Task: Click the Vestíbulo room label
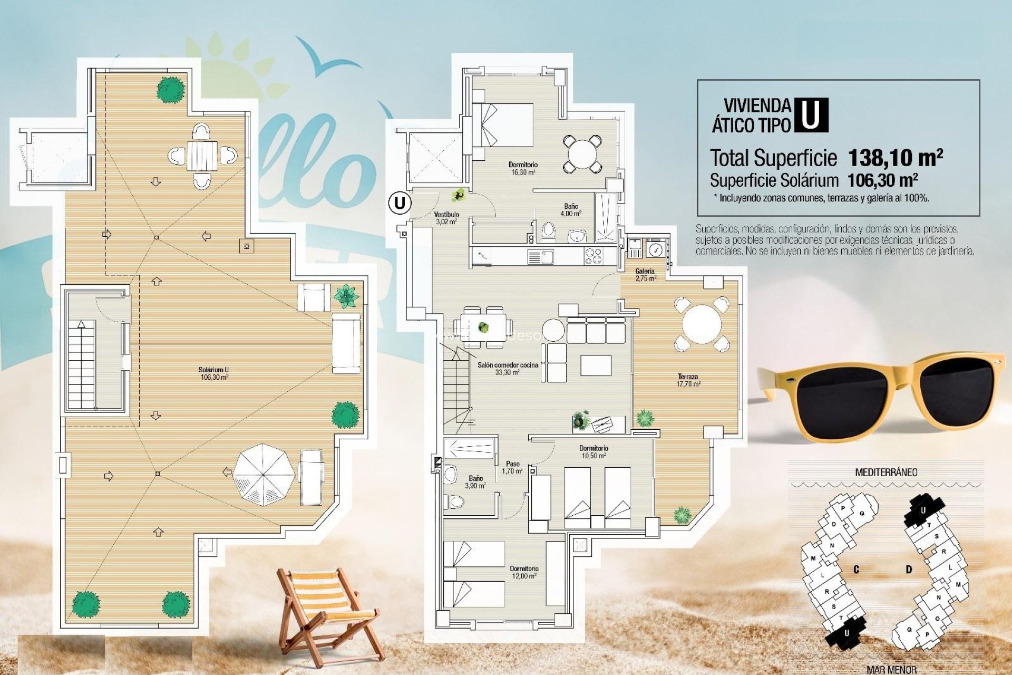pos(446,218)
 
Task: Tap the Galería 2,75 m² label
pos(645,275)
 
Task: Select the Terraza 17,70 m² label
pos(688,380)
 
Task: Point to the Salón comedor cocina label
pos(508,368)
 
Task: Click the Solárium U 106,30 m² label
pos(214,373)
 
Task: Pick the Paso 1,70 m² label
pos(512,467)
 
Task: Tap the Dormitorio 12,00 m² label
pos(524,572)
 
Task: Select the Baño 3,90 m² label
pos(475,482)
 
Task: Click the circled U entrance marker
pos(400,202)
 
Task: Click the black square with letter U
pos(810,115)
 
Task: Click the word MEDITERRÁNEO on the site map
pos(885,472)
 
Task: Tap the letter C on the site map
pos(856,570)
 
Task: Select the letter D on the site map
pos(909,570)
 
